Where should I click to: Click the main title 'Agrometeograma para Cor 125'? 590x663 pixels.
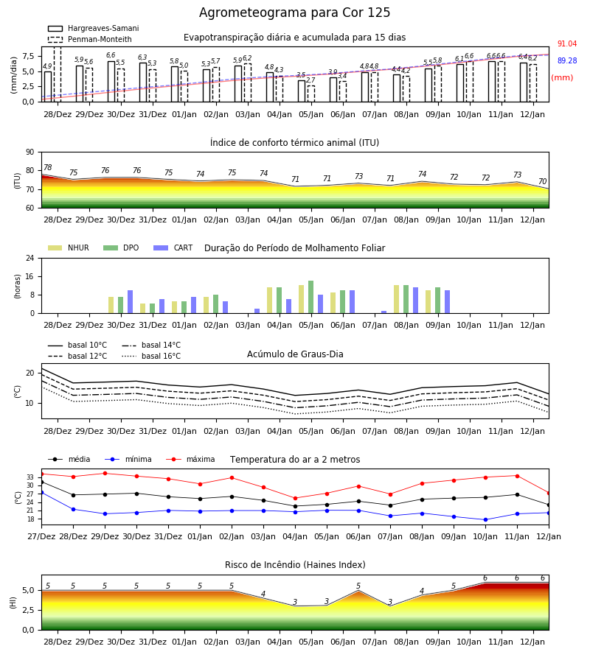294,13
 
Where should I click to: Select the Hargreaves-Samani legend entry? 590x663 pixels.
94,28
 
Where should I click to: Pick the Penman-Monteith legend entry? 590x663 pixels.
90,39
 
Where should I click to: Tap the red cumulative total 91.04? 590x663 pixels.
567,44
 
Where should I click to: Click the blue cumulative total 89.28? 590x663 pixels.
567,61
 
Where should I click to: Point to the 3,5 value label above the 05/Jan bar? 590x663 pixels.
301,75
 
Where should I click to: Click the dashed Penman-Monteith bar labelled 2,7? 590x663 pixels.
311,94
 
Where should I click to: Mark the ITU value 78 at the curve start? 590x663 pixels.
48,167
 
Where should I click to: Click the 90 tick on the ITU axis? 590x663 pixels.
30,152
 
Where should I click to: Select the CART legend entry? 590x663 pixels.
173,248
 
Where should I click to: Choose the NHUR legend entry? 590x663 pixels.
69,248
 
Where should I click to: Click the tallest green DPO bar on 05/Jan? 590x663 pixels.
311,298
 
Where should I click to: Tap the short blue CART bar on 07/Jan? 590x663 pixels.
384,312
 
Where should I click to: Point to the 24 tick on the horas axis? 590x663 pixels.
30,258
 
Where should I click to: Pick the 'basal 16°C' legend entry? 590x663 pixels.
151,357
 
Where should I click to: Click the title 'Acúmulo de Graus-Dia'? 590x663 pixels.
295,354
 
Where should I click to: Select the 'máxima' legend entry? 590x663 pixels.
190,459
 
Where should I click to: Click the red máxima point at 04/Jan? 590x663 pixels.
296,499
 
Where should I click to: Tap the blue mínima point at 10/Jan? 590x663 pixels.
485,519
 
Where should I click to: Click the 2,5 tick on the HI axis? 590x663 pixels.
28,610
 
